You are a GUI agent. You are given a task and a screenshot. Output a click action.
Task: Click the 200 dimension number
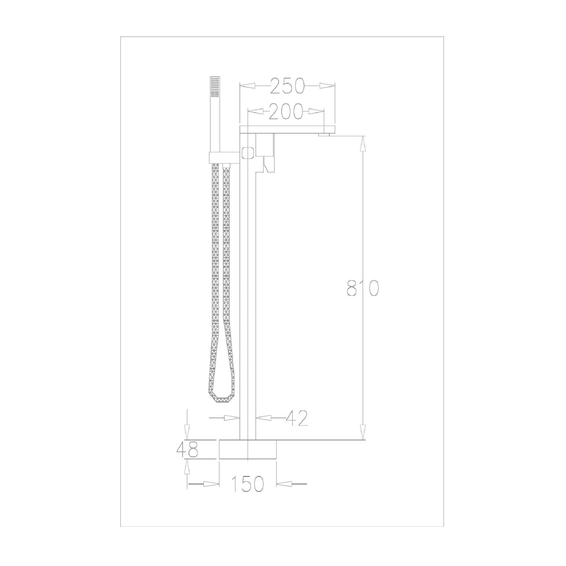click(x=286, y=112)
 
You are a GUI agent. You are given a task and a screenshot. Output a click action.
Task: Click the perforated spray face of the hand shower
click(x=215, y=87)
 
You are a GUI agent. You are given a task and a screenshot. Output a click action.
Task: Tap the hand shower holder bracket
click(x=224, y=158)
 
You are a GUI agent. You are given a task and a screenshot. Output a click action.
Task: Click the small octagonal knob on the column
click(x=248, y=153)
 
